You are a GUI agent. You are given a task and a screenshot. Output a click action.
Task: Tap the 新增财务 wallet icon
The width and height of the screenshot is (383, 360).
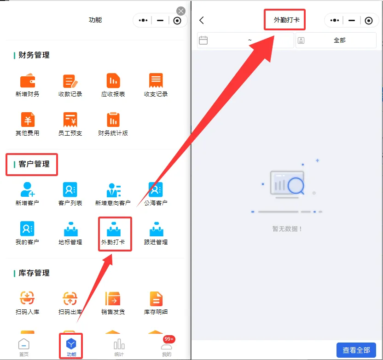[x=28, y=80]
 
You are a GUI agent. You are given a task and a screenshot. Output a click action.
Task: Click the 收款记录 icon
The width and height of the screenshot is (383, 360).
[x=70, y=81]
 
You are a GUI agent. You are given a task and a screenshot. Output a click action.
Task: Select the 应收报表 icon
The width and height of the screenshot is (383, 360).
[x=113, y=80]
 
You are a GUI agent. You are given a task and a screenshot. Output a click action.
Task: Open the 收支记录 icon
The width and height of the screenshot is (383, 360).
[x=156, y=80]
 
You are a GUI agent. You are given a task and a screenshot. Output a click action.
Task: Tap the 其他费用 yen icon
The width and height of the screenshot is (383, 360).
[x=28, y=120]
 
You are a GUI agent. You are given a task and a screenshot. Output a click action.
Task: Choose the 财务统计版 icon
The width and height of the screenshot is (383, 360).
[x=113, y=120]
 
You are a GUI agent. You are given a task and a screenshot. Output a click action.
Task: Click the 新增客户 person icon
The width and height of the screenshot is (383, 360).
[x=27, y=189]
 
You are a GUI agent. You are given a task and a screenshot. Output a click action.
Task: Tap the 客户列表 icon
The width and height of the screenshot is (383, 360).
[x=70, y=189]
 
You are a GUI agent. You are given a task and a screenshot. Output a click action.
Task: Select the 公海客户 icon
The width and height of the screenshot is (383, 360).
[x=156, y=189]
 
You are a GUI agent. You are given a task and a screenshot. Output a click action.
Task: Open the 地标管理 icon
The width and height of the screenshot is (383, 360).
[x=71, y=229]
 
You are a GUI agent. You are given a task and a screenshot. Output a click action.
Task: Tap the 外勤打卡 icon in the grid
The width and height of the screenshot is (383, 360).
[x=114, y=229]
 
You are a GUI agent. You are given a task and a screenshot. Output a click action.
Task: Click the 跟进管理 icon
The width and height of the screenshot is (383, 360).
[x=157, y=229]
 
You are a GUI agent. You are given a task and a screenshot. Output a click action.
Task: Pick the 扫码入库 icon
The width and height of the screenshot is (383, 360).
[x=27, y=298]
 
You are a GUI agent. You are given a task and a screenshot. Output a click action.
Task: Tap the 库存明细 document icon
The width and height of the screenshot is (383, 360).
[x=156, y=298]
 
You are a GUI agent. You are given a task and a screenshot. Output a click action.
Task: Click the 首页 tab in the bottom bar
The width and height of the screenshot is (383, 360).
[x=23, y=347]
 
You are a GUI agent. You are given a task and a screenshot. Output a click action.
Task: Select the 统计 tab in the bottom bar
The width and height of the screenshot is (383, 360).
[x=119, y=347]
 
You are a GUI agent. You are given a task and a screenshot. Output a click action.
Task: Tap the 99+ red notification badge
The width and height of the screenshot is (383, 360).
[x=169, y=339]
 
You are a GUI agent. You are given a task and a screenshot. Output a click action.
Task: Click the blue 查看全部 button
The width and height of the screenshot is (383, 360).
[x=356, y=350]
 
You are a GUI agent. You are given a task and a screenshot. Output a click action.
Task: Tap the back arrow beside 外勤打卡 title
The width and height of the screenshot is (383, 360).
[x=202, y=20]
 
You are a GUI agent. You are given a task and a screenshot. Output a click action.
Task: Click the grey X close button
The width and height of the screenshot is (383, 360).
[x=181, y=11]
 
